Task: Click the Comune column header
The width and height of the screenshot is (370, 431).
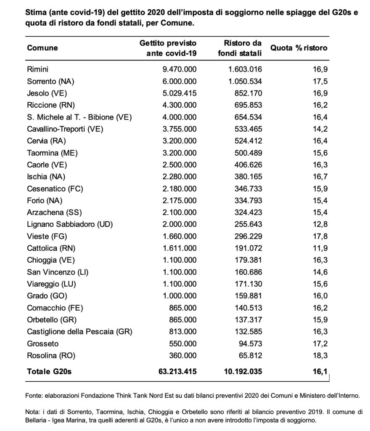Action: [x=42, y=48]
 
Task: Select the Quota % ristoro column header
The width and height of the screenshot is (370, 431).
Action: [x=299, y=48]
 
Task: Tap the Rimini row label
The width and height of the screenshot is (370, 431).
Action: [x=37, y=69]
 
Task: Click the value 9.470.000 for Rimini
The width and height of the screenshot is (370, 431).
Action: [x=180, y=69]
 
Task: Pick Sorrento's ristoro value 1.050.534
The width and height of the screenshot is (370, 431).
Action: [x=245, y=81]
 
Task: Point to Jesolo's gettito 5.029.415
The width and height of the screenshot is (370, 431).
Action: [x=180, y=93]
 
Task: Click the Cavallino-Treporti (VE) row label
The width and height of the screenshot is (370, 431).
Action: [x=65, y=129]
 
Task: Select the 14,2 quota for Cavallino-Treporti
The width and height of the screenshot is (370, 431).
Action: [x=320, y=129]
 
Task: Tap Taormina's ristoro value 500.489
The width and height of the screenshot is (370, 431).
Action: [x=248, y=153]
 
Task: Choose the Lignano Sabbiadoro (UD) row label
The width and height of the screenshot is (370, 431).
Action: [x=70, y=224]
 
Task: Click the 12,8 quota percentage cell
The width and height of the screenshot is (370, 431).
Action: [x=320, y=224]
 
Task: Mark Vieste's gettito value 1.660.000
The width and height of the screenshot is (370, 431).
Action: [x=180, y=236]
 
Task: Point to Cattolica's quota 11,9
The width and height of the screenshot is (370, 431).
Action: [x=320, y=248]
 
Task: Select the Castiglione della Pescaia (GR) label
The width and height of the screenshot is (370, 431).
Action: [x=79, y=332]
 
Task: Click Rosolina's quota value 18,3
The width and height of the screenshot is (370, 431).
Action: [x=320, y=355]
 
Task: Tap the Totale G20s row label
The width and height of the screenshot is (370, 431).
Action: [x=49, y=371]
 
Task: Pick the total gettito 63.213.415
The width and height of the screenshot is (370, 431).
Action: [x=177, y=371]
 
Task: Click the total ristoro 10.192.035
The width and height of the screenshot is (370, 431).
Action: [x=243, y=371]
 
